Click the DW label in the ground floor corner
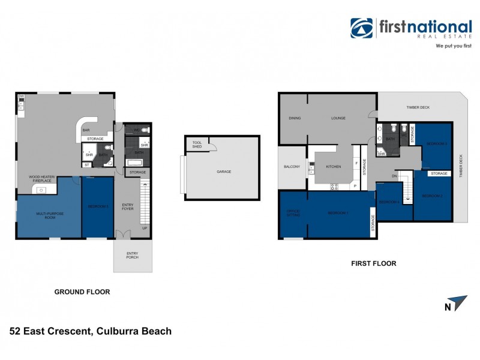pos(20,96)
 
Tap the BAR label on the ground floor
pos(86,130)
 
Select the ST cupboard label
pos(87,164)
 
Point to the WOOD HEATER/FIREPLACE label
pos(42,178)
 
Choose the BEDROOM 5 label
pos(97,206)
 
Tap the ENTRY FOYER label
pos(128,206)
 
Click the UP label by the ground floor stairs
pos(144,228)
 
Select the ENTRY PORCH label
pos(132,255)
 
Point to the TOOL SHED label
pos(196,144)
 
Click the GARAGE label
pos(224,172)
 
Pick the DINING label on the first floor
pos(294,118)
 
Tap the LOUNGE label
pos(338,118)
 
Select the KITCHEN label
pos(334,166)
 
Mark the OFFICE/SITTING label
pos(293,214)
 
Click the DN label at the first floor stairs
pos(394,176)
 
